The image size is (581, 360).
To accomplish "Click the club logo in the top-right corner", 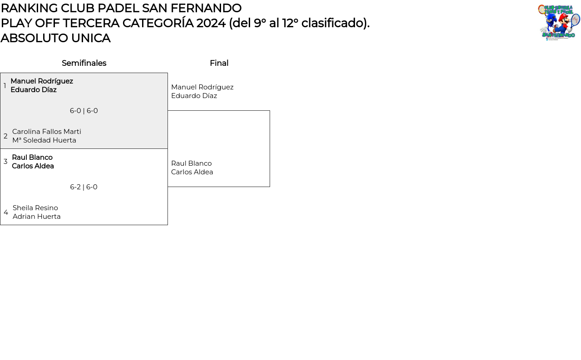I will tap(559, 23).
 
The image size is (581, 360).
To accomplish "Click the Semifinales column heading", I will tap(84, 63).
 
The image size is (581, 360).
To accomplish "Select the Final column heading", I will tap(219, 63).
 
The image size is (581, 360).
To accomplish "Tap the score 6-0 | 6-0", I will tap(84, 111).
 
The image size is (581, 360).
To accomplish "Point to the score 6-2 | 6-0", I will tap(84, 187).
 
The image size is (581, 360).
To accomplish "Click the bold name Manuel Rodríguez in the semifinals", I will tap(42, 81).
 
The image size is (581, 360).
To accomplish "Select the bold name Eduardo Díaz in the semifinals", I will tap(34, 90).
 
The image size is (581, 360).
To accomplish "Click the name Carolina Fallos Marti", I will tap(47, 132).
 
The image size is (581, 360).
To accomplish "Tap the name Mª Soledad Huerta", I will tap(44, 140).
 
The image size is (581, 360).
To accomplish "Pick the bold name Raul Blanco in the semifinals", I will tap(32, 158).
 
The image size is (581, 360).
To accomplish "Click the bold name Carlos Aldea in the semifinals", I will tap(33, 166).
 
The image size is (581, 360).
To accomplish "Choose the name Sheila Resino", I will tap(35, 208).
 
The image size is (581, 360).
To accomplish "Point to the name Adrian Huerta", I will tap(37, 217).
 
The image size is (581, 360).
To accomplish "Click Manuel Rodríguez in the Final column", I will tap(202, 87).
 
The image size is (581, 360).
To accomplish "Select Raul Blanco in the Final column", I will tap(191, 163).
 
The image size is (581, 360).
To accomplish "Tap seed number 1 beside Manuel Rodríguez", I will tap(5, 86).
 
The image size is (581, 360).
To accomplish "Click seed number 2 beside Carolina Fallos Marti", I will tap(5, 136).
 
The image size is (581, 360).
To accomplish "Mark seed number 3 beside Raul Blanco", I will tap(5, 162).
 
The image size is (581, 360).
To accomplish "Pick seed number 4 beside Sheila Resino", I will tap(6, 212).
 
